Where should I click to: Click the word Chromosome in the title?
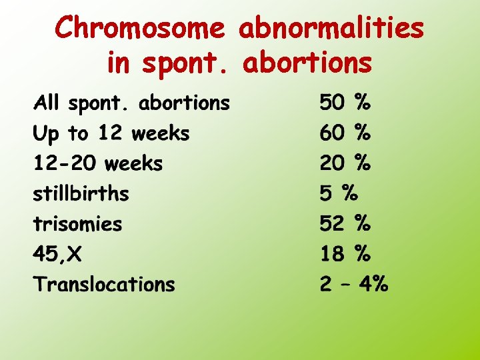(141, 28)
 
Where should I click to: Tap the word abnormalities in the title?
(331, 28)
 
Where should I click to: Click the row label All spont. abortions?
(131, 103)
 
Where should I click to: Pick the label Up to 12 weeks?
(111, 133)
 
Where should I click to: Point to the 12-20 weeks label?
(98, 163)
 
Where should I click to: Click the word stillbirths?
(81, 194)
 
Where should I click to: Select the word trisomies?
(78, 224)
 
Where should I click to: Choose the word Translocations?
(104, 285)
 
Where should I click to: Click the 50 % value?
(345, 103)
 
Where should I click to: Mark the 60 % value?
(345, 133)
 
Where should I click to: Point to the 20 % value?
(345, 163)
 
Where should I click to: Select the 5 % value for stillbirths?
(339, 194)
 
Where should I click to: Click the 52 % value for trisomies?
(345, 224)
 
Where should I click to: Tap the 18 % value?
(345, 254)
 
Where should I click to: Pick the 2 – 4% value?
(353, 285)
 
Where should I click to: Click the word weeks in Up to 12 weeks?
(160, 133)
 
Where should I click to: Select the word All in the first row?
(47, 103)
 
